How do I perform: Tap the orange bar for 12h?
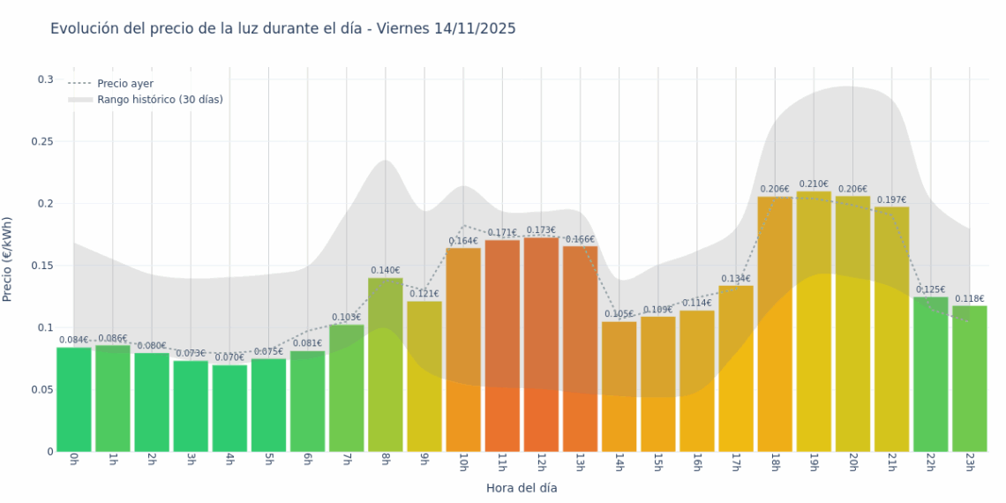[541, 344]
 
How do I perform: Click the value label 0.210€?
[815, 184]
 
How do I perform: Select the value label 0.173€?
[541, 230]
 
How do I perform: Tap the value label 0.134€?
[735, 279]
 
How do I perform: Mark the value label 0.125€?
[930, 289]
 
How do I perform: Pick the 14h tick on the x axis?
[619, 462]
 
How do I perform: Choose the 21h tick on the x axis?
[891, 462]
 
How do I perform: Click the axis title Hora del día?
[522, 487]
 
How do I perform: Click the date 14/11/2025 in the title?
[475, 29]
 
